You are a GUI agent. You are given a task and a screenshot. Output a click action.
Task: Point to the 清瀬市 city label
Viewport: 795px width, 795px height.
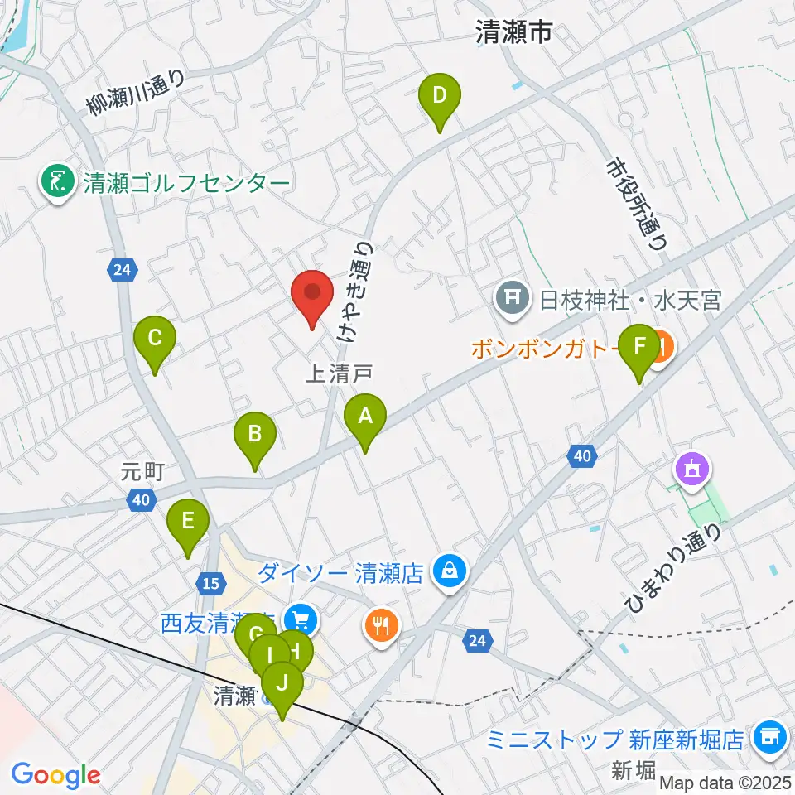(513, 33)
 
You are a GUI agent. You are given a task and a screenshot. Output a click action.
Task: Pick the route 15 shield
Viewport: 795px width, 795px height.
(211, 584)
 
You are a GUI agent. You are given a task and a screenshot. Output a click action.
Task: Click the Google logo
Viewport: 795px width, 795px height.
(56, 775)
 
